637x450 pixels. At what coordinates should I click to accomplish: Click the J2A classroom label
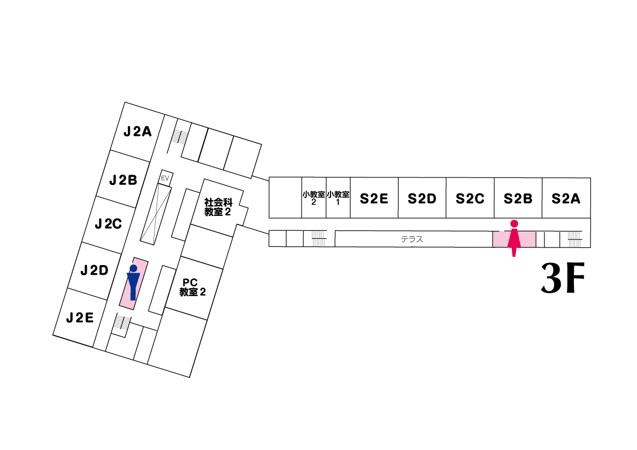[138, 131]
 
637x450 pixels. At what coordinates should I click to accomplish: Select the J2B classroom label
[124, 180]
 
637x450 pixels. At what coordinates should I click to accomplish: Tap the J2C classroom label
[109, 224]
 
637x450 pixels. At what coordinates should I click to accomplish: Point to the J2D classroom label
[95, 270]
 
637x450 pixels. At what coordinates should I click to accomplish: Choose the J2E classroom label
[80, 318]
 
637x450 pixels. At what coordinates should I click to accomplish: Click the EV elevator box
[165, 177]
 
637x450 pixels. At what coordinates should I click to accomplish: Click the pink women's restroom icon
[514, 238]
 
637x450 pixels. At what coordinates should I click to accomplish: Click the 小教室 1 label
[338, 198]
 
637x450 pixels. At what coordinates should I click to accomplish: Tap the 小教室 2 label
[314, 198]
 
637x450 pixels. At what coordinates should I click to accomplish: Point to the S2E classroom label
[374, 199]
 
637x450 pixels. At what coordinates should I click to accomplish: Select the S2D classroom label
[422, 199]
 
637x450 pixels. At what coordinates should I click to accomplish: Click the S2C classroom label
[470, 199]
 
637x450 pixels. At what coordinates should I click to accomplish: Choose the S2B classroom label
[518, 199]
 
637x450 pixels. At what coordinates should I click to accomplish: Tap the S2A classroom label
[566, 199]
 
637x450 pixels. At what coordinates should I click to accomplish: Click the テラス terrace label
[412, 239]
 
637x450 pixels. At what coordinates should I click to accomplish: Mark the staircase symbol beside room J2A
[180, 137]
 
